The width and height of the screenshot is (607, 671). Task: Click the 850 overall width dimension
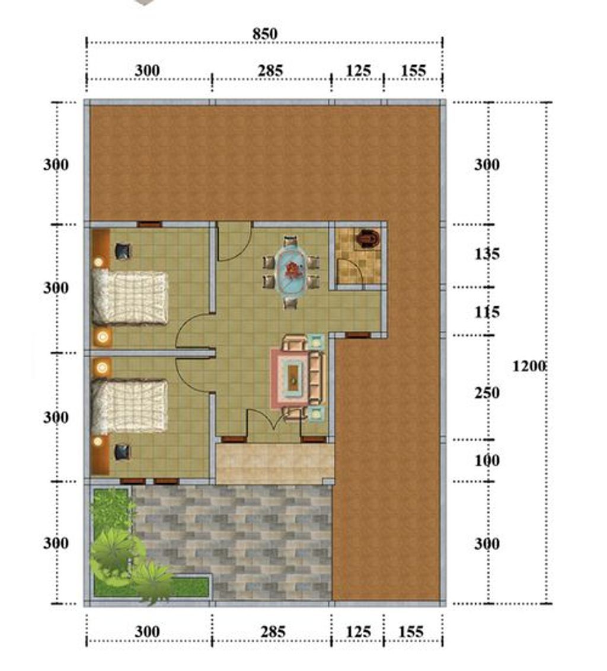[x=265, y=34]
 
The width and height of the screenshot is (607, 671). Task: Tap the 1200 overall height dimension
[x=529, y=367]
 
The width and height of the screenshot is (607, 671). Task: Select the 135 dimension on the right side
[x=487, y=254]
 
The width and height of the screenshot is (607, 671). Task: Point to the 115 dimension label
[x=487, y=312]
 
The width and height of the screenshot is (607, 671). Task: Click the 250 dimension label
[x=487, y=393]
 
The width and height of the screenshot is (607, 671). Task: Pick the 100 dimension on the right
[x=487, y=461]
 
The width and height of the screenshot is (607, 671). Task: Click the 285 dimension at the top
[x=270, y=70]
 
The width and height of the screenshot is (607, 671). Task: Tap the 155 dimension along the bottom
[x=411, y=632]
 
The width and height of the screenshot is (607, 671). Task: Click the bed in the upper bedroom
[x=130, y=298]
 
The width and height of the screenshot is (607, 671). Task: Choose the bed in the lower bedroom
[x=130, y=406]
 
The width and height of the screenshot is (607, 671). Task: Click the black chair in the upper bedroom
[x=123, y=251]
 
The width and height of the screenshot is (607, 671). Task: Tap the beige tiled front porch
[x=275, y=464]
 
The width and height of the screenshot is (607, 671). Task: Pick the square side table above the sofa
[x=316, y=342]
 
